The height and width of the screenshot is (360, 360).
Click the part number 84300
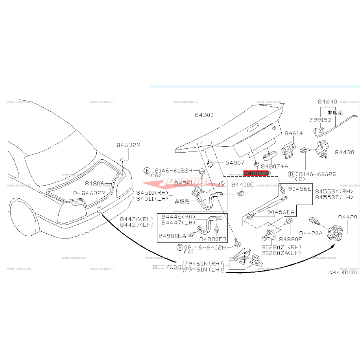(204, 115)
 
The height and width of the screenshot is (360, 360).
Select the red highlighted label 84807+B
(255, 173)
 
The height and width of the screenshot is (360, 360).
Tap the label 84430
(345, 152)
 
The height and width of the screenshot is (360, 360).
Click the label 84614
(294, 133)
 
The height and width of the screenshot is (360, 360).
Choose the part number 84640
(327, 102)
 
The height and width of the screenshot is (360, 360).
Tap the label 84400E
(242, 185)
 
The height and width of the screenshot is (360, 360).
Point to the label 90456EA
(281, 212)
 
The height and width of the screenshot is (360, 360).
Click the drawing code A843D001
(343, 272)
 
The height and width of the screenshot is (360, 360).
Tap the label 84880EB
(213, 239)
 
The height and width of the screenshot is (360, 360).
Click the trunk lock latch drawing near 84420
(337, 232)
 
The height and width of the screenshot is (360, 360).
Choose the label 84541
(183, 183)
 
